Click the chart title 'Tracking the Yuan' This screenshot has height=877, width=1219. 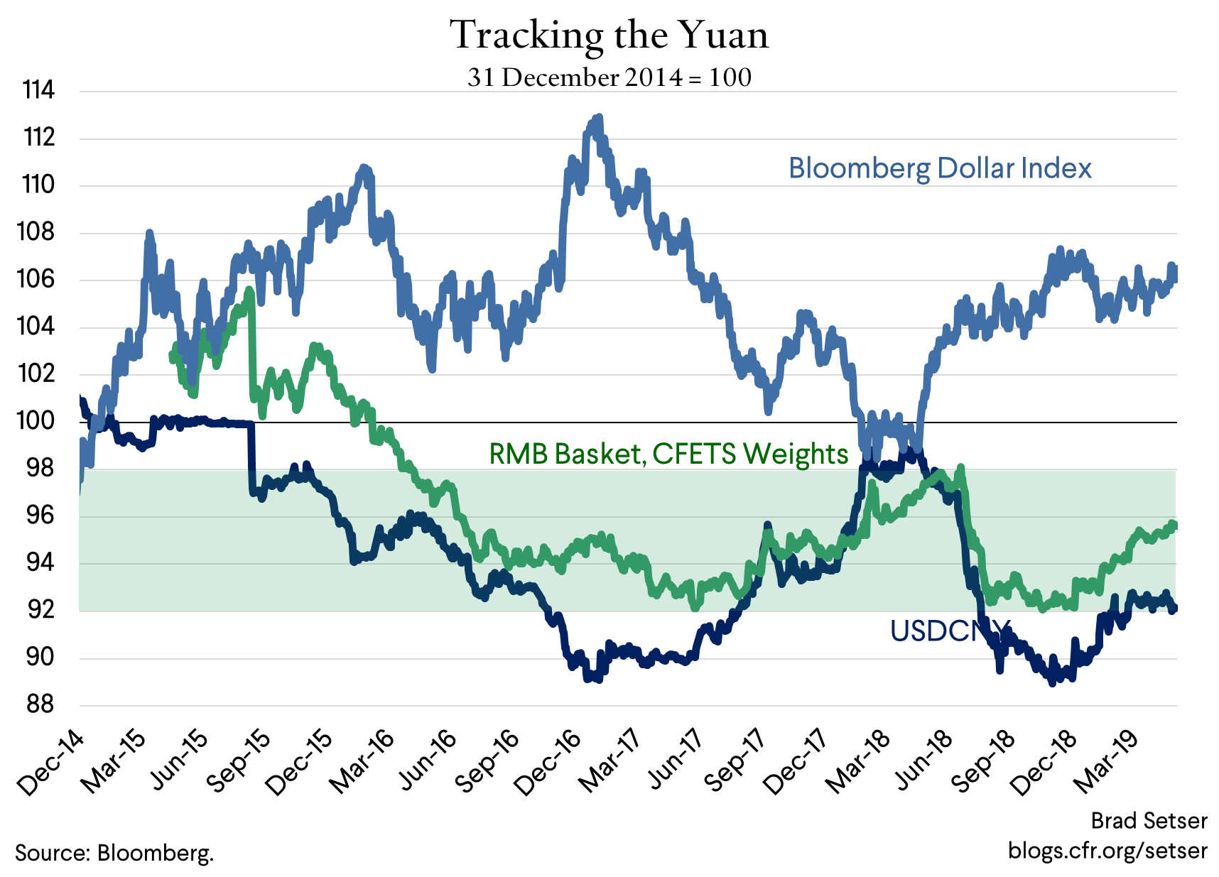pyautogui.click(x=609, y=35)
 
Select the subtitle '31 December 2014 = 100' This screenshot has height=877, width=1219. pyautogui.click(x=609, y=77)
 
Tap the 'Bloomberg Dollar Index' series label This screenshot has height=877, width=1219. pyautogui.click(x=939, y=168)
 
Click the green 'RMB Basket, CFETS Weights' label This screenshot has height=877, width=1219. pyautogui.click(x=668, y=453)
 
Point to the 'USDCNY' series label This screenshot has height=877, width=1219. pyautogui.click(x=949, y=631)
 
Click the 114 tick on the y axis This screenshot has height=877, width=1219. pyautogui.click(x=38, y=90)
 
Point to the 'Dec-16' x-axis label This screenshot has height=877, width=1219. pyautogui.click(x=547, y=763)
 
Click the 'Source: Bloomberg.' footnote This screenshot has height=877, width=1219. pyautogui.click(x=114, y=852)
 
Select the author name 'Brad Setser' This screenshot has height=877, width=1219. pyautogui.click(x=1149, y=821)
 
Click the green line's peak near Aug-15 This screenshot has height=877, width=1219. pyautogui.click(x=249, y=290)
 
